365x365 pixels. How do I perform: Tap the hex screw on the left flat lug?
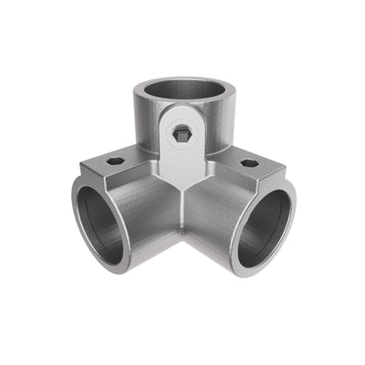click(115, 162)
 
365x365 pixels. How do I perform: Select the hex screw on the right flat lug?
click(248, 163)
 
